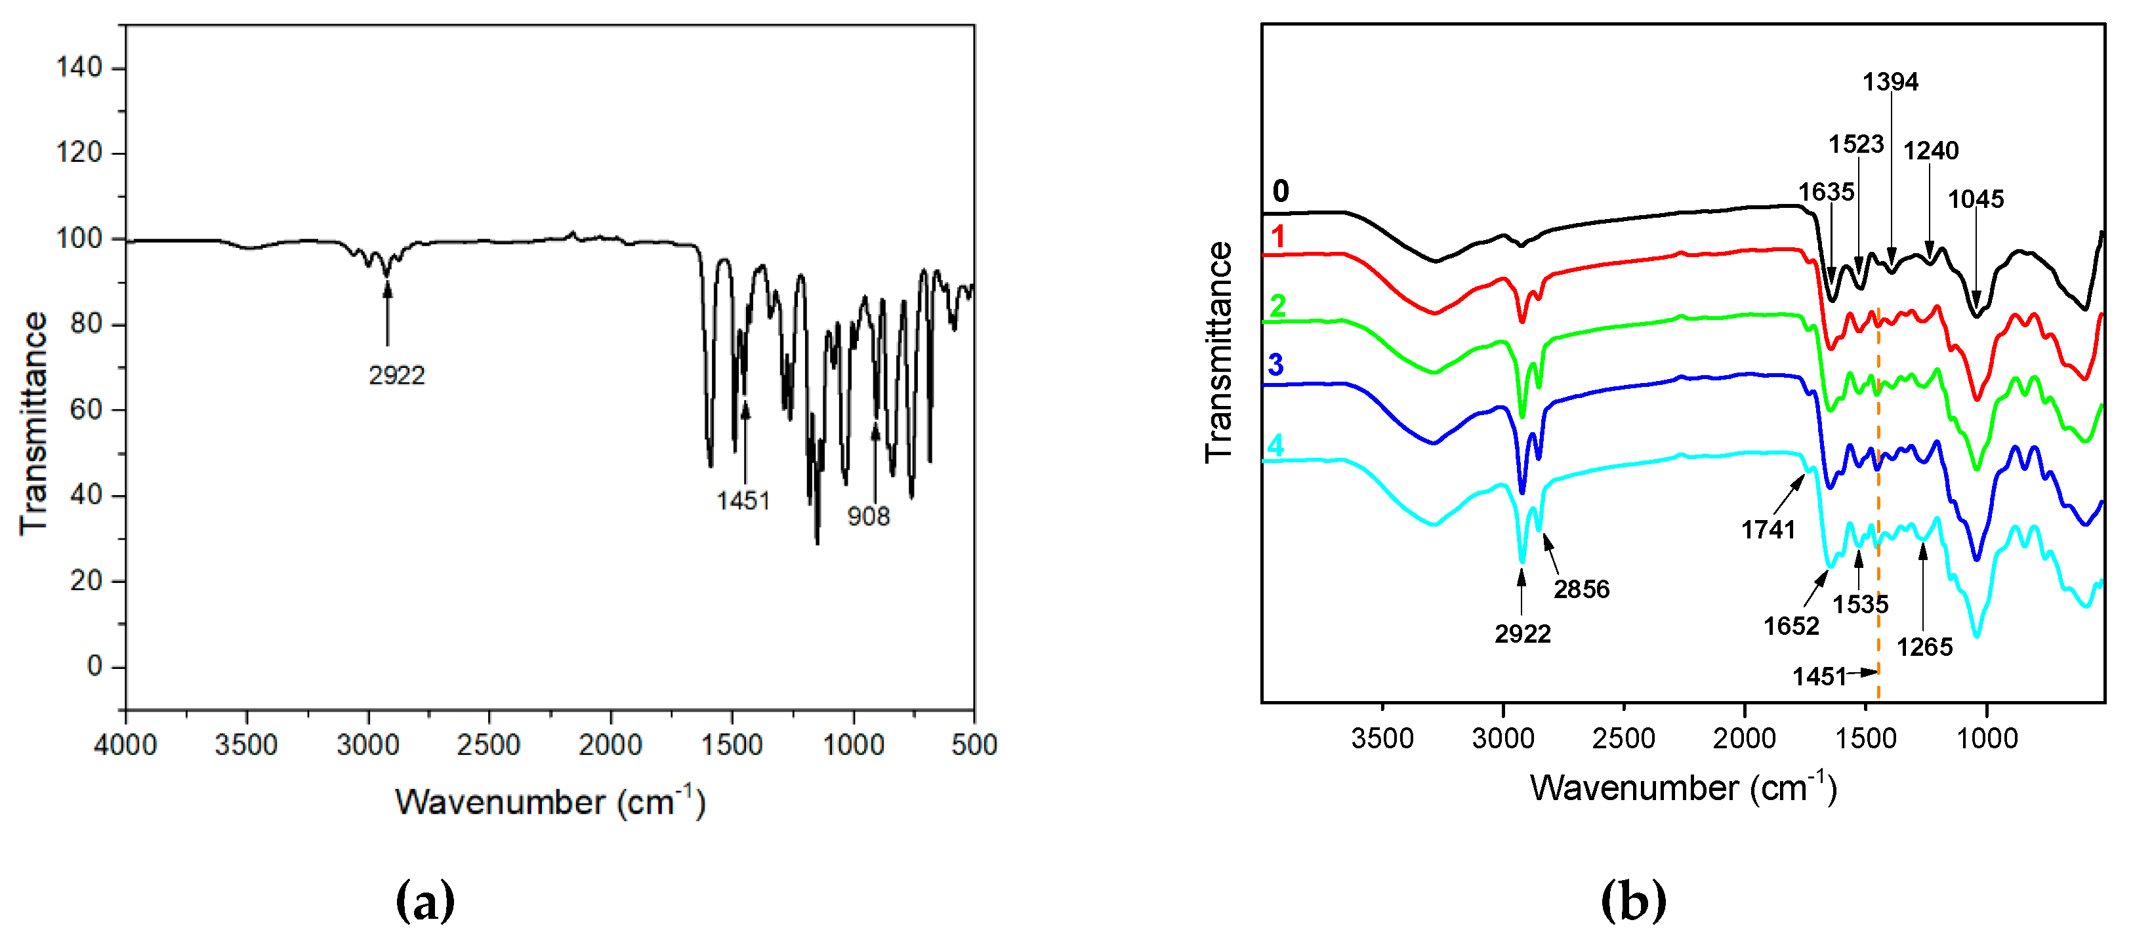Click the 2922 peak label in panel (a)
[397, 376]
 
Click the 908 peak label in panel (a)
[868, 517]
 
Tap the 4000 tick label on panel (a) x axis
[125, 745]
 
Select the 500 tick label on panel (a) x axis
[974, 745]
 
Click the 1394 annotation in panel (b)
[1890, 82]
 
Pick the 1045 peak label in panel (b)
[1976, 199]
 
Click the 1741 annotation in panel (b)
[1768, 530]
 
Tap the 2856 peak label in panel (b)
[1581, 590]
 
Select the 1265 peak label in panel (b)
[1924, 647]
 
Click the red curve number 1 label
[1279, 237]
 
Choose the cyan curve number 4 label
[1276, 446]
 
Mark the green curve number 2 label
[1277, 306]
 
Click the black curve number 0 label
[1281, 192]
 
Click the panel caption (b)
[1633, 902]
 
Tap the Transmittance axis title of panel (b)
[1219, 352]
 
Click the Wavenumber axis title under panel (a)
[550, 803]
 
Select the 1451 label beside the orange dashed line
[1819, 677]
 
